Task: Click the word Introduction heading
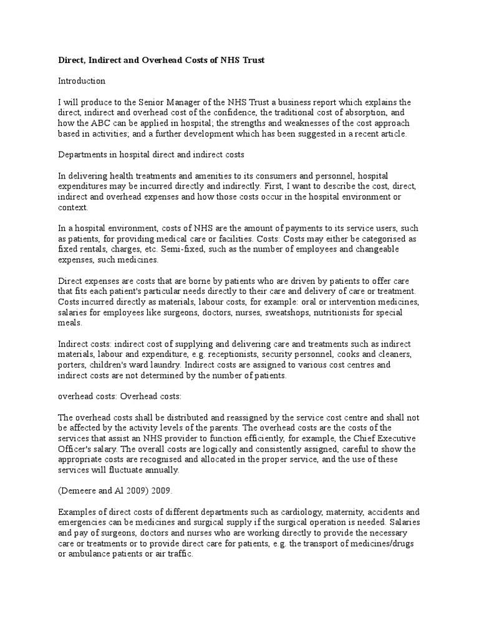tap(82, 81)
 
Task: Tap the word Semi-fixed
tap(163, 249)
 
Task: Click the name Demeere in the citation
tap(80, 490)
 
